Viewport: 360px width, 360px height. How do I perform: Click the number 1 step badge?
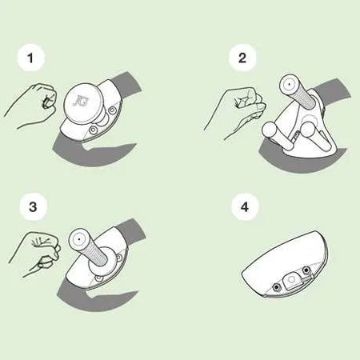(x=30, y=58)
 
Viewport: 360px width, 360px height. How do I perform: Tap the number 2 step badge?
(x=242, y=58)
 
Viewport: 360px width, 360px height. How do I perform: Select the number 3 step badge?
(x=33, y=206)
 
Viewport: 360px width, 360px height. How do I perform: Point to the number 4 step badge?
(x=245, y=206)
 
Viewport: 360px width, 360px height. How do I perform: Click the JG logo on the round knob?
(x=81, y=101)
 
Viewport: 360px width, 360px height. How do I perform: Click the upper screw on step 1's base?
(x=113, y=110)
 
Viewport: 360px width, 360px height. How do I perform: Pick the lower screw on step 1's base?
(x=94, y=130)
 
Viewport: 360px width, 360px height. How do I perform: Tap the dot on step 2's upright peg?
(x=289, y=84)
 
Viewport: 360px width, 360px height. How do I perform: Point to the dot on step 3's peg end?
(x=79, y=239)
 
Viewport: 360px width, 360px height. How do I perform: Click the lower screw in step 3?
(x=99, y=278)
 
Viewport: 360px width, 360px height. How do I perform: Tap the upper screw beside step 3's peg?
(x=118, y=258)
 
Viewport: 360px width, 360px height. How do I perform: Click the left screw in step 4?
(x=277, y=287)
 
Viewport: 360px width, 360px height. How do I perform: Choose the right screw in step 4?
(x=306, y=270)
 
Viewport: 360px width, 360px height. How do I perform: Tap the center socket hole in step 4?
(x=291, y=279)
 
